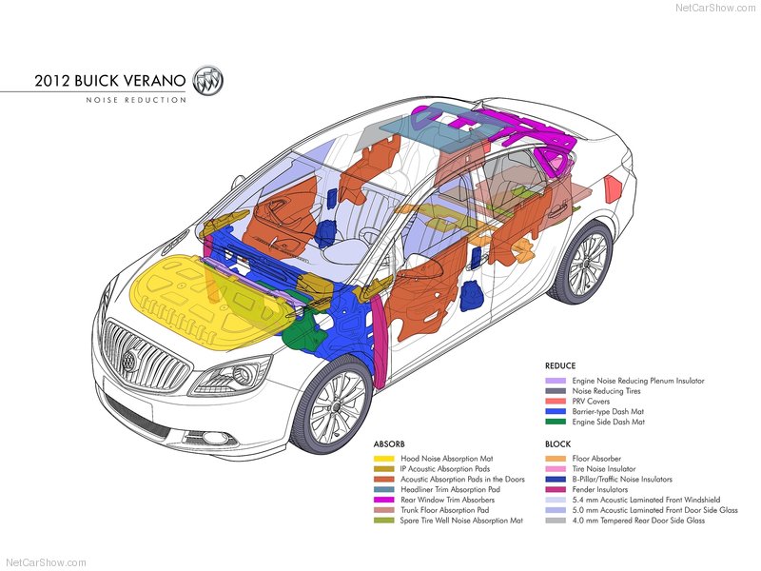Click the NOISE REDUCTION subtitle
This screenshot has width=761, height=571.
point(136,100)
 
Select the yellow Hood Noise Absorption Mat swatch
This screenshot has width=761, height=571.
point(383,459)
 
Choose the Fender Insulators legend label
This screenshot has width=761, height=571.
point(601,489)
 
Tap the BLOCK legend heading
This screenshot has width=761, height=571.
point(557,444)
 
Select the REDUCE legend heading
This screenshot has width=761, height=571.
point(560,365)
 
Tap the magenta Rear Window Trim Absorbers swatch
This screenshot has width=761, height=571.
point(383,500)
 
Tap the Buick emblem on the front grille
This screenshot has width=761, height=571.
point(130,361)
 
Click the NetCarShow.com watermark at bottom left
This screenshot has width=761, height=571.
point(46,562)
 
